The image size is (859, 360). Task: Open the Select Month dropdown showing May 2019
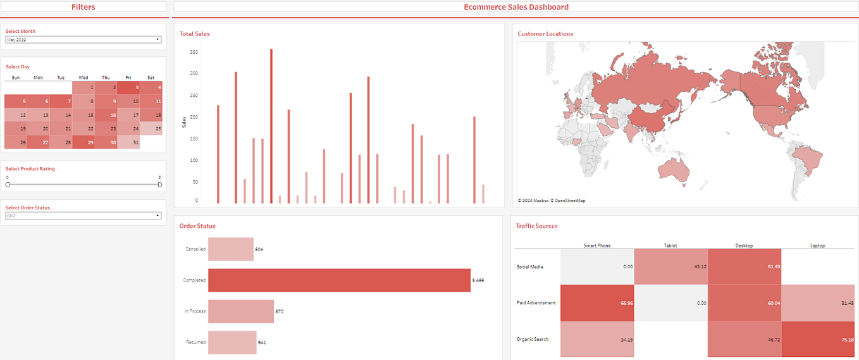click(x=83, y=40)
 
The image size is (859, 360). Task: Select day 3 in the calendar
click(x=129, y=88)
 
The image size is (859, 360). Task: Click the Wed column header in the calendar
click(x=83, y=78)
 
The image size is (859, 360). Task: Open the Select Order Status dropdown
click(x=83, y=216)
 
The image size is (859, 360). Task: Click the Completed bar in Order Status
click(x=339, y=280)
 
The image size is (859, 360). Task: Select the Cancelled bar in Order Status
click(x=231, y=249)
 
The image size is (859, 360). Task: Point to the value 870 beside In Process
click(x=279, y=311)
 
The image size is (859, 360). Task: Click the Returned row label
click(x=195, y=342)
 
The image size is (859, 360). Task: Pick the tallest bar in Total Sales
click(x=271, y=127)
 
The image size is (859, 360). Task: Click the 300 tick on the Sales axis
click(x=194, y=73)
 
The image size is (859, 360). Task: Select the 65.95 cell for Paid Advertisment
click(x=597, y=303)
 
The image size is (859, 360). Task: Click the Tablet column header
click(x=671, y=245)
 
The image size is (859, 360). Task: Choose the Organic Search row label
click(x=533, y=339)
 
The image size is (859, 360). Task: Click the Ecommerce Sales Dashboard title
click(x=516, y=7)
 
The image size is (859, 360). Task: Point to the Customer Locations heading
click(x=545, y=34)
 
